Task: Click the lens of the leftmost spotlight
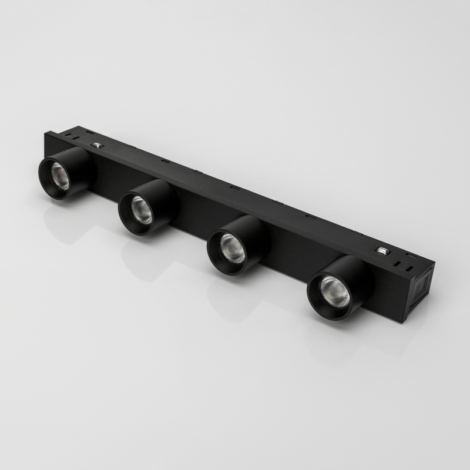pos(61,174)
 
